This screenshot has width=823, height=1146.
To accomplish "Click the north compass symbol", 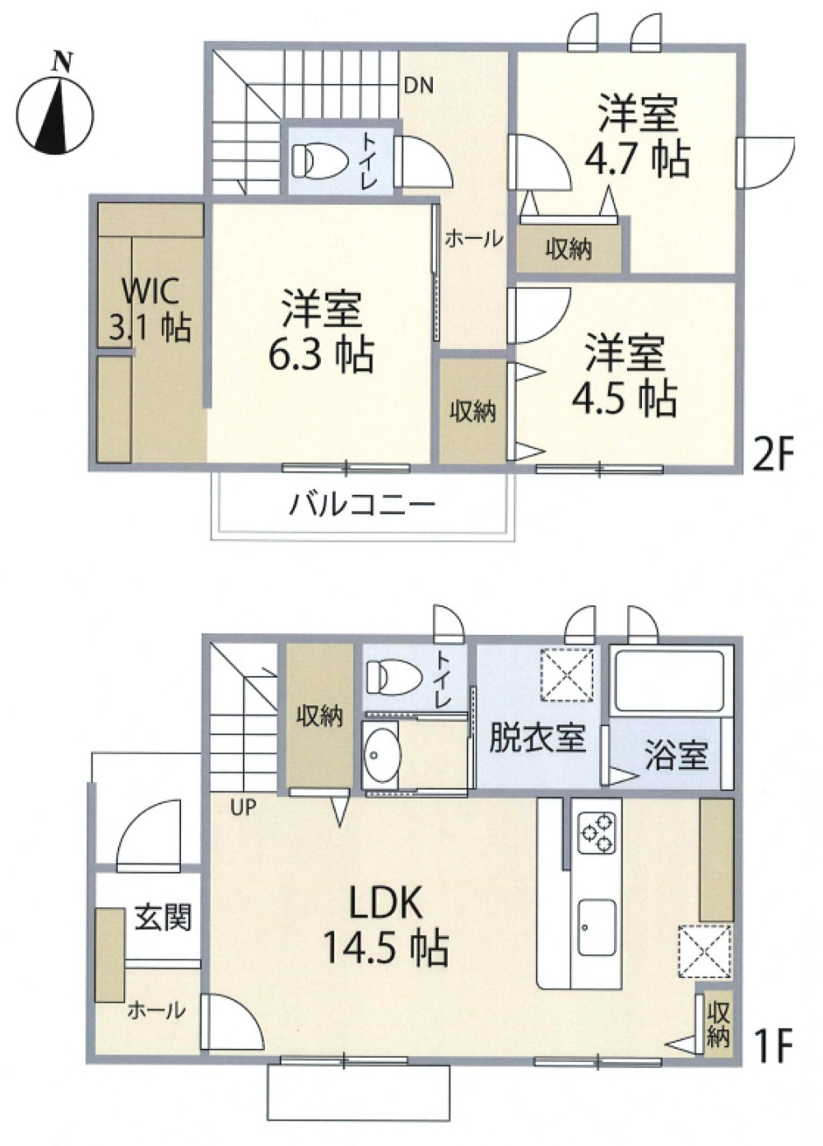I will [x=55, y=112].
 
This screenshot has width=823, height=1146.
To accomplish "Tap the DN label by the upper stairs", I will [x=419, y=86].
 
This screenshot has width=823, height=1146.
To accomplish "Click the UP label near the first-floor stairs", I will [x=243, y=808].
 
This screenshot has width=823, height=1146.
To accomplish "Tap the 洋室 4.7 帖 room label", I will [x=637, y=136].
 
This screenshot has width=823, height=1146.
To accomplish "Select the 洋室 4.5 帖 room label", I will [x=625, y=375].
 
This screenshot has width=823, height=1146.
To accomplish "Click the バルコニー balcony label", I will [x=361, y=503].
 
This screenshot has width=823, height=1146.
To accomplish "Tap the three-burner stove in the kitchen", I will [x=596, y=832].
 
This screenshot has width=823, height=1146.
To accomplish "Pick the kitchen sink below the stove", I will [x=596, y=927].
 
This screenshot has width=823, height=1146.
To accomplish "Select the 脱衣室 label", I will [x=537, y=738].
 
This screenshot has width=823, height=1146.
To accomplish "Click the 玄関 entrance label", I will [x=163, y=917].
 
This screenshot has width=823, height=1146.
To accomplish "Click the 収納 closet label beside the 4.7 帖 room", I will [x=568, y=249].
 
